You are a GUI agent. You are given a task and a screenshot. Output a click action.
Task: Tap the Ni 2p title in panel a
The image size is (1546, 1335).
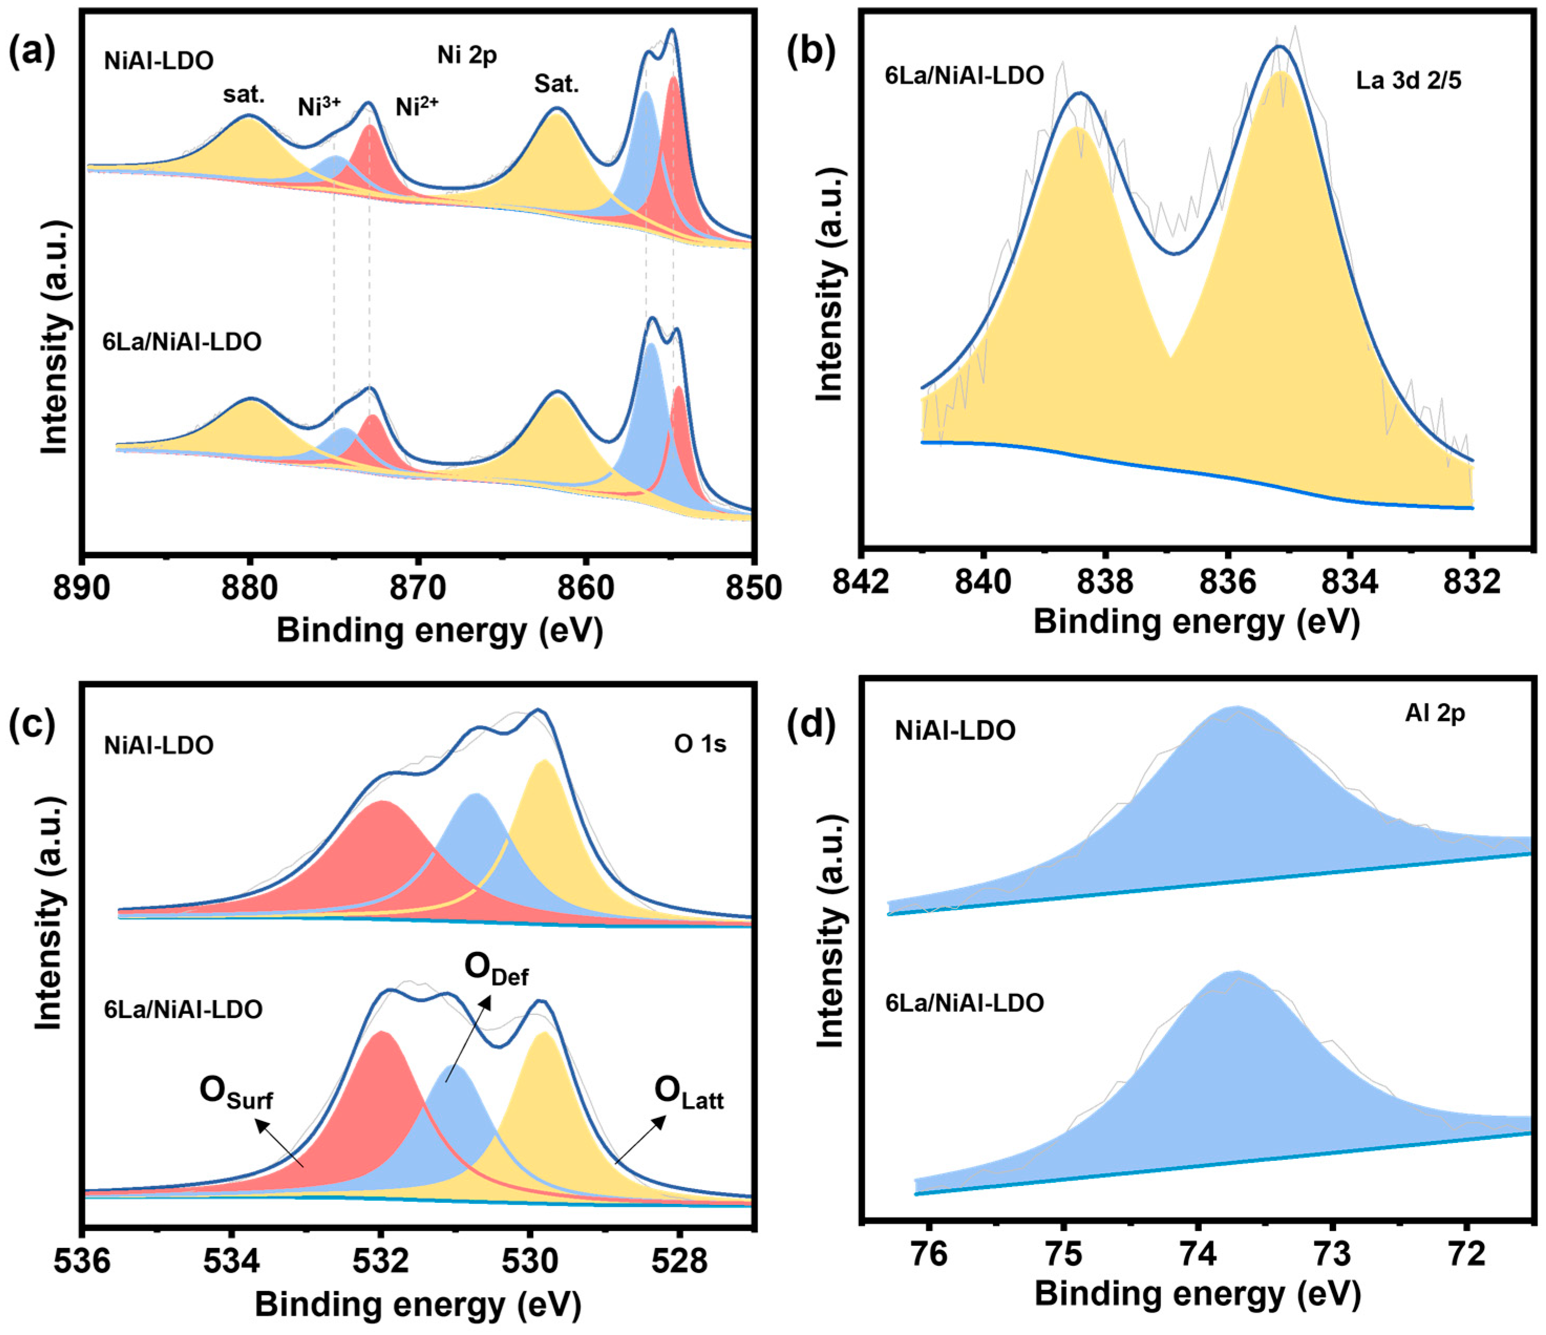pyautogui.click(x=467, y=55)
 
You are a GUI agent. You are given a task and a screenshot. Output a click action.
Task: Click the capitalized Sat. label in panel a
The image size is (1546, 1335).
pyautogui.click(x=556, y=84)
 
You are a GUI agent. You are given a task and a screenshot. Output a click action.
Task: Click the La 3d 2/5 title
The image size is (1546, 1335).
pyautogui.click(x=1409, y=81)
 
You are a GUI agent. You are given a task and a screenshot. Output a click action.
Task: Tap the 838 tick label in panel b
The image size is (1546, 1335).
pyautogui.click(x=1105, y=581)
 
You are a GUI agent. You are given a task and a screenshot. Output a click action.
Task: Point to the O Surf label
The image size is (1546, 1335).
pyautogui.click(x=236, y=1093)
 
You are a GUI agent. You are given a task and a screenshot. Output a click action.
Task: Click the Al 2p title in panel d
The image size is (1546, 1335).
pyautogui.click(x=1435, y=713)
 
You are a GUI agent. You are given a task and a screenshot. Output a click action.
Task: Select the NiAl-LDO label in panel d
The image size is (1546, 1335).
pyautogui.click(x=955, y=730)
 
